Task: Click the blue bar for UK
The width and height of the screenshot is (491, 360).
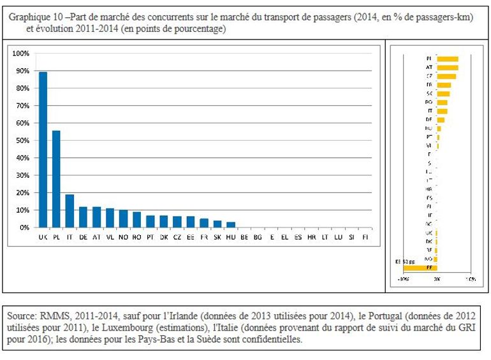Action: pyautogui.click(x=43, y=150)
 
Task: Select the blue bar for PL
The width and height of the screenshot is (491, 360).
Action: pyautogui.click(x=56, y=179)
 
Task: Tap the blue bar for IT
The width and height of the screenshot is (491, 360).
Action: pyautogui.click(x=70, y=211)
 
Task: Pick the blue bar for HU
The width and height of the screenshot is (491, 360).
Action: pyautogui.click(x=230, y=224)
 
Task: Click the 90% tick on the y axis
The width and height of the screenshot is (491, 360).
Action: pyautogui.click(x=21, y=71)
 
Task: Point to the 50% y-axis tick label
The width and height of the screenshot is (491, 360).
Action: pyautogui.click(x=21, y=140)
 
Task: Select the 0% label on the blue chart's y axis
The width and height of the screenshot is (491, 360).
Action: pyautogui.click(x=23, y=227)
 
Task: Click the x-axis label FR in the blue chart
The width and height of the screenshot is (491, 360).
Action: pyautogui.click(x=203, y=236)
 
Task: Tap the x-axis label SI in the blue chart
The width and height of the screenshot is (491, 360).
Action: pyautogui.click(x=351, y=236)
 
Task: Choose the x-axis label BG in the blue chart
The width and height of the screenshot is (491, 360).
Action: pyautogui.click(x=257, y=236)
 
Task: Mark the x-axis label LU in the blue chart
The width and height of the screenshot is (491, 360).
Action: pyautogui.click(x=337, y=236)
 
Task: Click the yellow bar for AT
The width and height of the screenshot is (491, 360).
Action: pyautogui.click(x=448, y=67)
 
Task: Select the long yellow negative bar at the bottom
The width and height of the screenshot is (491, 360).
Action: pyautogui.click(x=421, y=268)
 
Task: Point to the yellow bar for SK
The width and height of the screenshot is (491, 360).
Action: pyautogui.click(x=443, y=93)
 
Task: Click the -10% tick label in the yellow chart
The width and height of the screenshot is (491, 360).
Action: pyautogui.click(x=404, y=279)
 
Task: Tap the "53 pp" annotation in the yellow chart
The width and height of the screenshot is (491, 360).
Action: pyautogui.click(x=406, y=261)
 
